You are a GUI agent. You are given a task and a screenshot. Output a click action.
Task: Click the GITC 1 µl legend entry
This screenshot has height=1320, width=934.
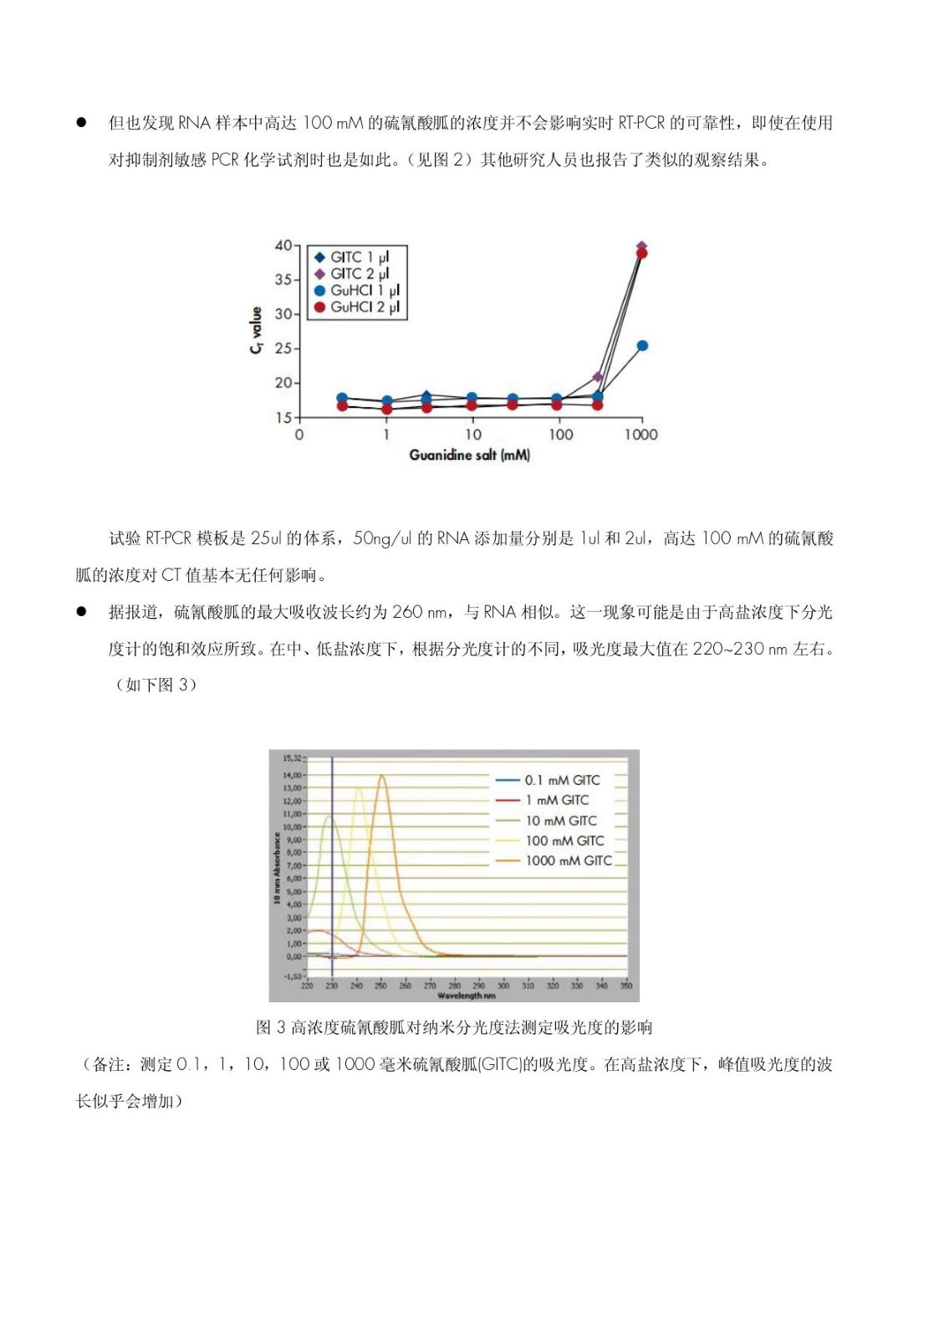point(351,257)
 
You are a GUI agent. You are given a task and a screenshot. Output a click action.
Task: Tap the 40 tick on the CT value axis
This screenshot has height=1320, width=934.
point(283,246)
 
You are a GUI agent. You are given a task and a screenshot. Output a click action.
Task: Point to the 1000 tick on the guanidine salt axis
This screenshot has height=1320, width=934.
point(641,435)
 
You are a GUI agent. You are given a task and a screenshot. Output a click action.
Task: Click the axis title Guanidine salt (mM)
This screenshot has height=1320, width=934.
point(469,456)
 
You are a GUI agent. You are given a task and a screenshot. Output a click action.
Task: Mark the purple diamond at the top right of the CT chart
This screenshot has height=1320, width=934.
point(642,247)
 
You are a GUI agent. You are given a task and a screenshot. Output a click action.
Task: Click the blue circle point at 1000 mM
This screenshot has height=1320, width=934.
point(642,346)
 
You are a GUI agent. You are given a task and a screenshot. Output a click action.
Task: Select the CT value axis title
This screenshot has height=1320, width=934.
point(257,330)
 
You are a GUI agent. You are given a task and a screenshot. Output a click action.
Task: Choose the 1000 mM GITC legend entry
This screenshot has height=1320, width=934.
point(568,861)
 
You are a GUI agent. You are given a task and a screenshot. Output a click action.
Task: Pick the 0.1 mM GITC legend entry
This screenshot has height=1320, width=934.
point(561,781)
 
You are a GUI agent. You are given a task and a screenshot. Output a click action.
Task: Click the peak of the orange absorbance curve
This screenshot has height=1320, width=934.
point(381,775)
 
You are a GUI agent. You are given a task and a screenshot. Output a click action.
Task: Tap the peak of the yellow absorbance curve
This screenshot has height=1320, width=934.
point(358,787)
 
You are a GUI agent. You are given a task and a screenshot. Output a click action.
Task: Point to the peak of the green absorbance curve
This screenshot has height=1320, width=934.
point(329,817)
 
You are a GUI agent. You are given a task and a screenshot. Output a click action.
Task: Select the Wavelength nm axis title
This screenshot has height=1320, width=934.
point(467,996)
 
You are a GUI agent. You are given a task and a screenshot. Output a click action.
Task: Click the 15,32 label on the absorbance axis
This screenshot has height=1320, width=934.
point(292,759)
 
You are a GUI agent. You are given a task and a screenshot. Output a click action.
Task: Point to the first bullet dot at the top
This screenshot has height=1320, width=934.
point(82,122)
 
